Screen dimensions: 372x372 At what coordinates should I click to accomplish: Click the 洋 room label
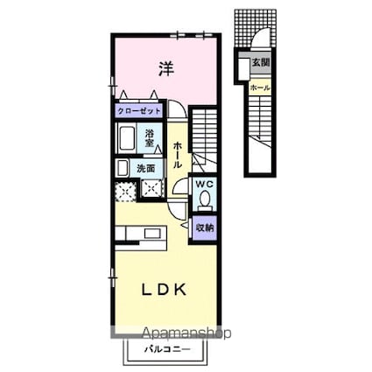coord(166,69)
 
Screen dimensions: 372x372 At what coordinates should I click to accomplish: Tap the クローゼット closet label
coord(139,111)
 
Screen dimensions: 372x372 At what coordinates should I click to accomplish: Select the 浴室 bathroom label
coord(150,138)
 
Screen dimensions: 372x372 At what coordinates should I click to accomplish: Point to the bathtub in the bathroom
coord(126,138)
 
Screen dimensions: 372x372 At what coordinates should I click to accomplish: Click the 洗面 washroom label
coord(146,168)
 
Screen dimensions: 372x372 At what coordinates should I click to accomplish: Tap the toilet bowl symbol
coord(205,200)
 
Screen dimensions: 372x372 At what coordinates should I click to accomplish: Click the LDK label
coord(164,290)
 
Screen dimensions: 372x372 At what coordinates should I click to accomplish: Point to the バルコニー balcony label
coord(167,349)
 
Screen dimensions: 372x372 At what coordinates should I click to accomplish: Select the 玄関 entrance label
coord(260,62)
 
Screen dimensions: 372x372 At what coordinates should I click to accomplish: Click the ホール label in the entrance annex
coord(260,88)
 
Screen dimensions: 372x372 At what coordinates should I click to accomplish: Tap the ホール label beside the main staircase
coord(177,155)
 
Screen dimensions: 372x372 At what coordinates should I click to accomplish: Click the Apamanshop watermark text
coord(186,333)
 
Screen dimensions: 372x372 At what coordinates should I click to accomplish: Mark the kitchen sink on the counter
coord(152,233)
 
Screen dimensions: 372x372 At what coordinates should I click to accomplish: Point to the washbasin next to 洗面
coord(123,168)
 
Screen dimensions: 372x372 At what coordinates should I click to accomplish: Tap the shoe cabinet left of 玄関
coord(243,69)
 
